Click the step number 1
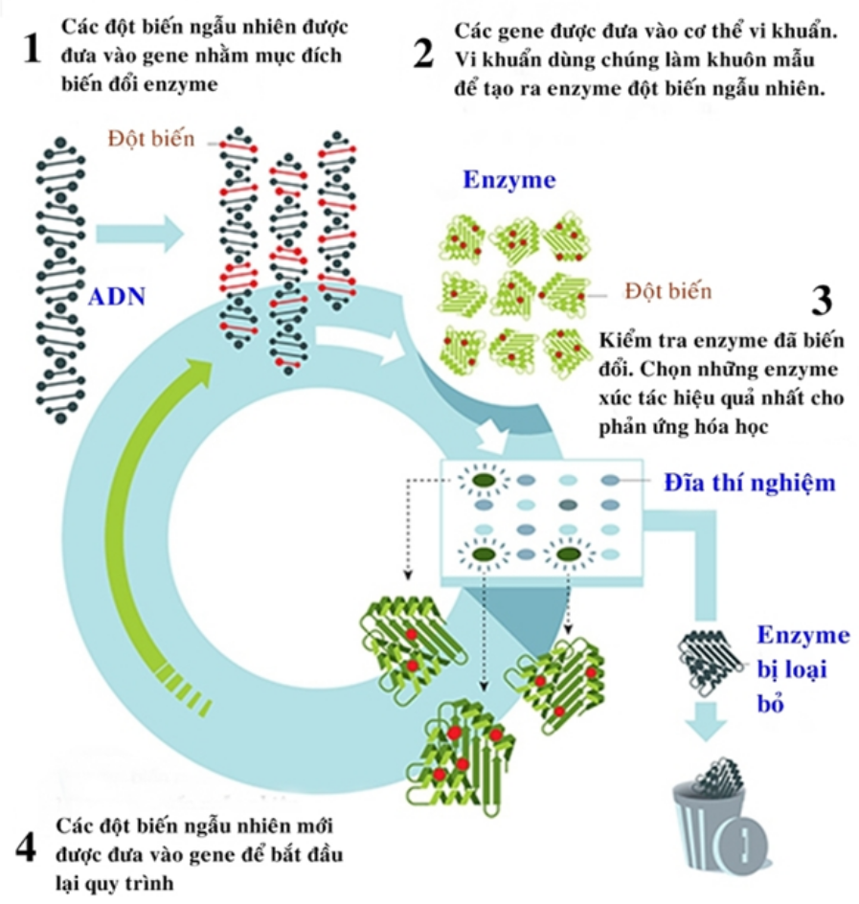point(33,49)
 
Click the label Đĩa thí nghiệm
point(750,482)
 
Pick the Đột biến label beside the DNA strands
point(151,140)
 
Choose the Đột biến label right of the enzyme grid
point(668,289)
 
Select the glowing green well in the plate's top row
point(484,479)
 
